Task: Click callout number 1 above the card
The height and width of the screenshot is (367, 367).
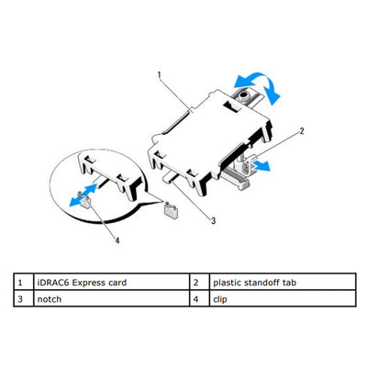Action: coord(160,72)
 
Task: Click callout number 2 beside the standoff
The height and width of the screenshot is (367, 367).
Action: coord(300,132)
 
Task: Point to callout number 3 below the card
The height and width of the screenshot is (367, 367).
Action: coord(213,221)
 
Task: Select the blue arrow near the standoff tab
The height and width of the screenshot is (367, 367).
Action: coord(261,165)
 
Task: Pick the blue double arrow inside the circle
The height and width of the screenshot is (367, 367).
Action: coord(83,189)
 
